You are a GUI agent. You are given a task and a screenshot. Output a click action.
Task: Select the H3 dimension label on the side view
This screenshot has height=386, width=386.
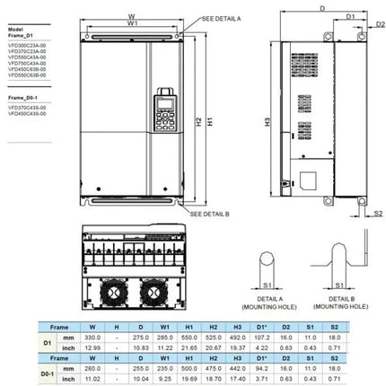[268, 120]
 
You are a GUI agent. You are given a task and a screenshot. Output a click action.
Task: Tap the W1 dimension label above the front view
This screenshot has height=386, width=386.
[133, 24]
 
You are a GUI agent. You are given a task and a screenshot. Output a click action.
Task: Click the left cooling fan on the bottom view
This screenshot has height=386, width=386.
[115, 291]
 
